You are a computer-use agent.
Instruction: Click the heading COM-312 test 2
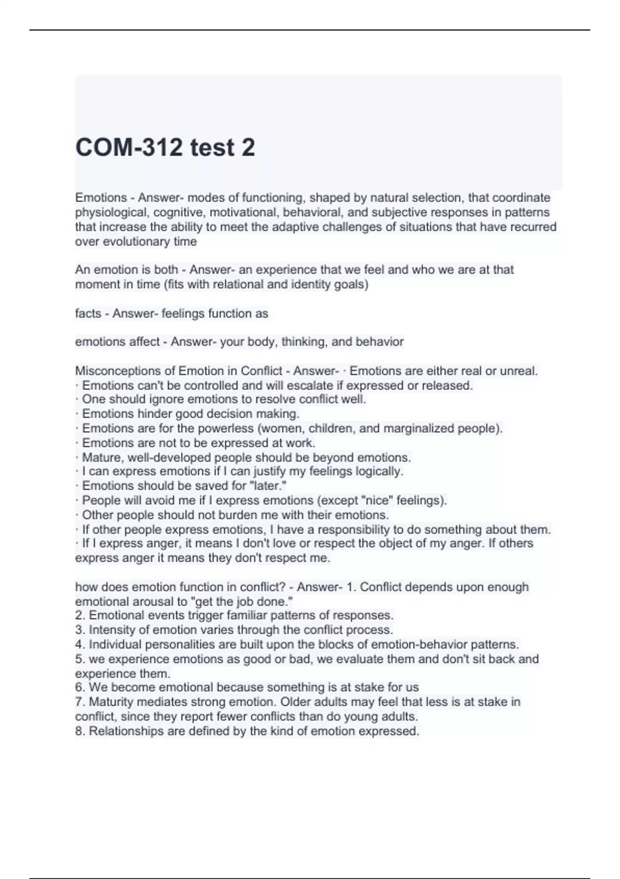(165, 147)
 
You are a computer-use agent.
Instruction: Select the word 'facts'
(88, 313)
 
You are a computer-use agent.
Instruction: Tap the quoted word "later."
(269, 486)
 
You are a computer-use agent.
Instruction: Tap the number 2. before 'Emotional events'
(80, 615)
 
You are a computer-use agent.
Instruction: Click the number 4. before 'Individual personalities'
(80, 644)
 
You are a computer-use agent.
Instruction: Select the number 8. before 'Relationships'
(80, 731)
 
